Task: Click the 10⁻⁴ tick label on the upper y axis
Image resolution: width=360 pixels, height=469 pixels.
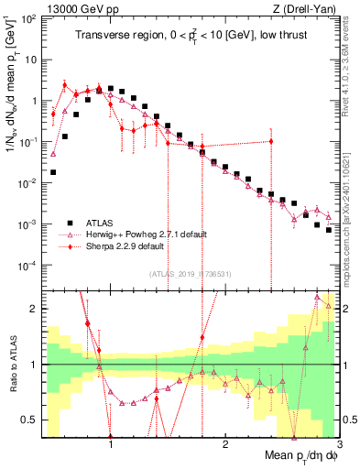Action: pyautogui.click(x=27, y=266)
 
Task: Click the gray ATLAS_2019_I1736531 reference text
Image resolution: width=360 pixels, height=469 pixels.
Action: pyautogui.click(x=191, y=275)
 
